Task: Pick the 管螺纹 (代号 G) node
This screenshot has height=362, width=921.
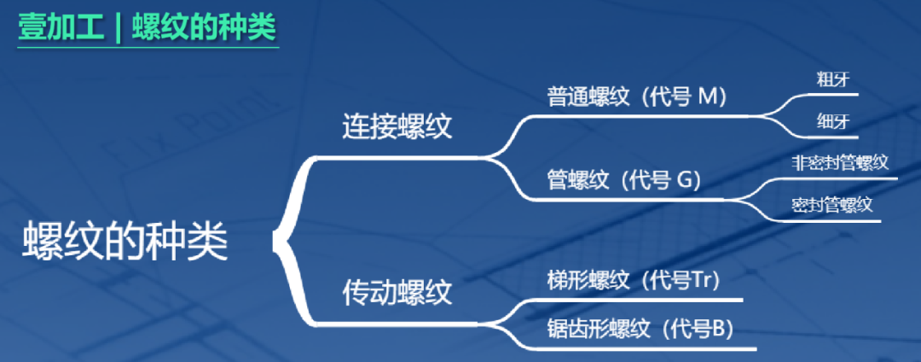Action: [x=623, y=180]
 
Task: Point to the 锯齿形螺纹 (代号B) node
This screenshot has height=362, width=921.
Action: [x=640, y=328]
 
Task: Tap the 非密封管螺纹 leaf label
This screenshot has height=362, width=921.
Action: [x=840, y=162]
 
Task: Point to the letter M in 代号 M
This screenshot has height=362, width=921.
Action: [x=710, y=96]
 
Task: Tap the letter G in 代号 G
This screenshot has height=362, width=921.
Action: [x=686, y=180]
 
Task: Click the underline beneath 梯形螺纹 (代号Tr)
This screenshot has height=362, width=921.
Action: [x=640, y=300]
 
